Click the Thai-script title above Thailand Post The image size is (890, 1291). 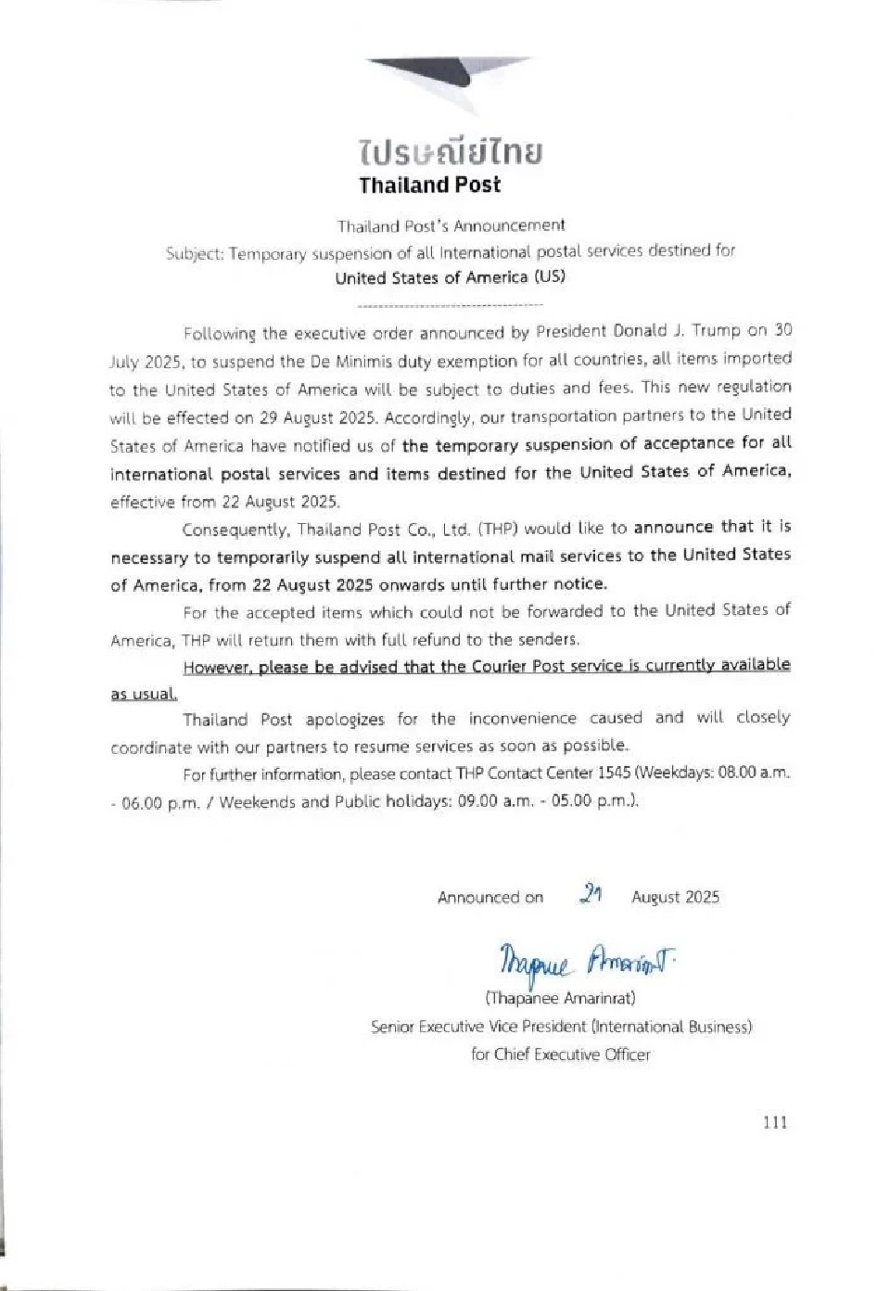pyautogui.click(x=451, y=151)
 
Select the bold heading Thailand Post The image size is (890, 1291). pyautogui.click(x=429, y=185)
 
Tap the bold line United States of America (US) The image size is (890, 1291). pyautogui.click(x=450, y=277)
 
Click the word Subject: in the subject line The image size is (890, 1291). pyautogui.click(x=195, y=253)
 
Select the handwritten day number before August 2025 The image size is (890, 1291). pyautogui.click(x=591, y=894)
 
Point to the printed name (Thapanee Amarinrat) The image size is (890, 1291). pyautogui.click(x=560, y=999)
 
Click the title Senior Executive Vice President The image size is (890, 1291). pyautogui.click(x=477, y=1027)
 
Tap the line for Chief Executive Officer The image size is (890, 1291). pyautogui.click(x=560, y=1055)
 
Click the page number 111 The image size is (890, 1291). pyautogui.click(x=774, y=1122)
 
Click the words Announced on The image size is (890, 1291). pyautogui.click(x=490, y=898)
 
